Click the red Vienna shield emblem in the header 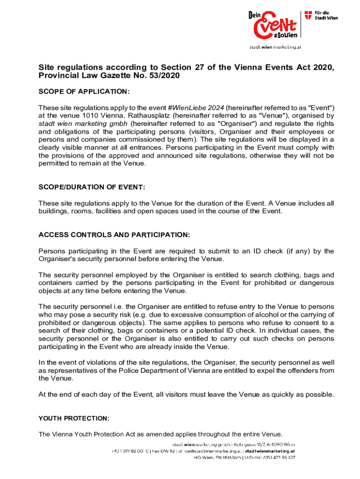coord(309,15)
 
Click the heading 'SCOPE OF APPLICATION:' coord(84,91)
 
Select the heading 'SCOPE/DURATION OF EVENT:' coord(92,187)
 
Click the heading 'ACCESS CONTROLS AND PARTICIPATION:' coord(115,234)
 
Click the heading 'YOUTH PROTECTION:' coord(74,418)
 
